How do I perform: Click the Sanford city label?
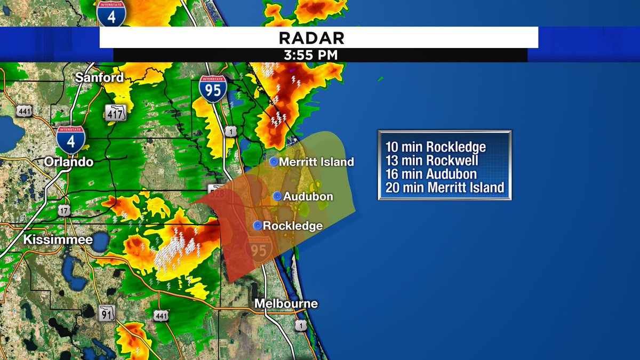pyautogui.click(x=99, y=77)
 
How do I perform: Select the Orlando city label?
pyautogui.click(x=69, y=162)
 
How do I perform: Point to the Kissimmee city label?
pyautogui.click(x=58, y=240)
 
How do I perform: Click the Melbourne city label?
pyautogui.click(x=286, y=304)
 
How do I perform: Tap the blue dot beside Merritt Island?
pyautogui.click(x=274, y=162)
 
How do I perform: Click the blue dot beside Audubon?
pyautogui.click(x=277, y=196)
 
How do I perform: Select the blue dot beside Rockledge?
pyautogui.click(x=258, y=226)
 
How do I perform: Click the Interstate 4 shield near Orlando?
pyautogui.click(x=70, y=139)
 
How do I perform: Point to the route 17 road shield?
pyautogui.click(x=64, y=210)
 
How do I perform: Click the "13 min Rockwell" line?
pyautogui.click(x=431, y=161)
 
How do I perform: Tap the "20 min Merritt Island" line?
pyautogui.click(x=444, y=187)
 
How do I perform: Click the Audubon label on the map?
pyautogui.click(x=308, y=197)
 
